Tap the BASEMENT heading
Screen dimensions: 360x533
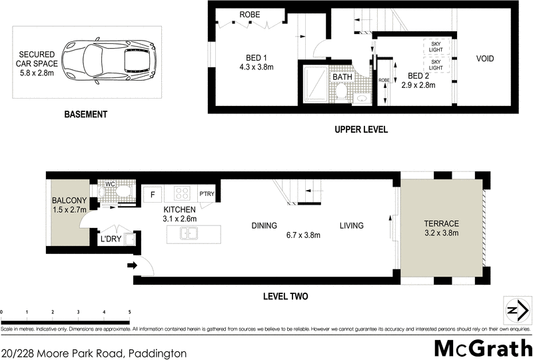(x=85, y=115)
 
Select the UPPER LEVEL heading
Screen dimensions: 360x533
(x=361, y=129)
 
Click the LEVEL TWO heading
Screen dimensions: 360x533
(x=285, y=297)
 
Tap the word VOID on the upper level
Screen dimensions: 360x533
(x=485, y=59)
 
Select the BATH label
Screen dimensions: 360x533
(x=342, y=77)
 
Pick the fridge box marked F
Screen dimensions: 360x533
(x=153, y=195)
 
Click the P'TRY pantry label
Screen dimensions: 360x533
(x=207, y=195)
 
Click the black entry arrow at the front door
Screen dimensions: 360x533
(x=132, y=266)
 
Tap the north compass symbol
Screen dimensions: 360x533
(x=513, y=311)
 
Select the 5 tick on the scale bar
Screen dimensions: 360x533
(x=129, y=312)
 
